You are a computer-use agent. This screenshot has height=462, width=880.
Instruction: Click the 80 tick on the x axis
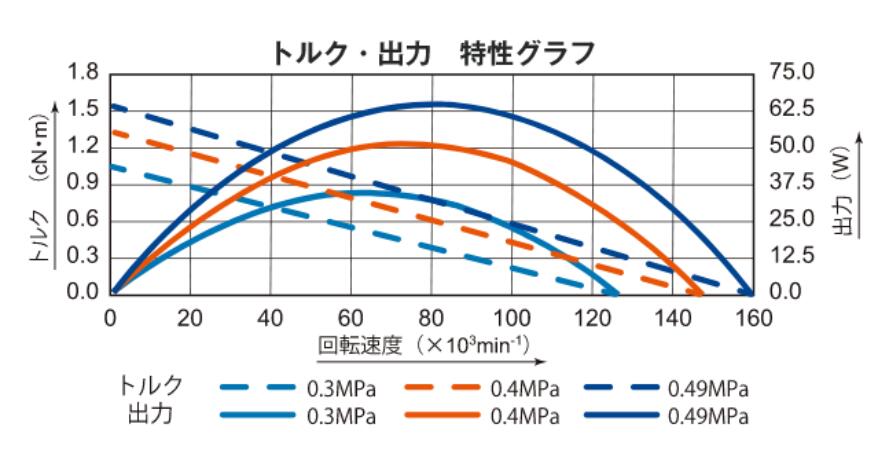coord(431,317)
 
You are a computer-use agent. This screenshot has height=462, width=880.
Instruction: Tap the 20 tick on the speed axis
coord(190,317)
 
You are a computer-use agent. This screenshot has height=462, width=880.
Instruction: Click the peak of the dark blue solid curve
coord(435,103)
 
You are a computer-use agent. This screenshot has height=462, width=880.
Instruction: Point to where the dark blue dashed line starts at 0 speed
coord(113,105)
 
